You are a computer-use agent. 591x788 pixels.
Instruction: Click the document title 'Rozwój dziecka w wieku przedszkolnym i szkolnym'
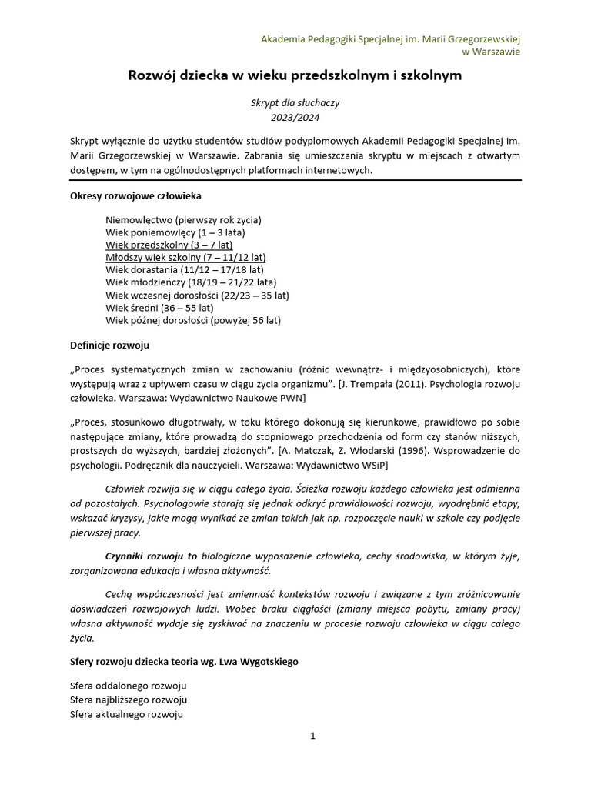(x=295, y=76)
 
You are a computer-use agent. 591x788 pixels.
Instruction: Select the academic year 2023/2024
(x=295, y=118)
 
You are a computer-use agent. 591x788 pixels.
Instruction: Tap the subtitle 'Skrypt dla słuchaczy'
(x=295, y=103)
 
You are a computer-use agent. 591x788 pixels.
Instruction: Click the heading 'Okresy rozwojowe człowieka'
(x=136, y=195)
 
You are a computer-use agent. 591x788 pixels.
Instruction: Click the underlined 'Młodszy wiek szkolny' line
(x=185, y=258)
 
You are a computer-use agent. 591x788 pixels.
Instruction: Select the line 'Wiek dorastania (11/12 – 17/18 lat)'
(x=185, y=270)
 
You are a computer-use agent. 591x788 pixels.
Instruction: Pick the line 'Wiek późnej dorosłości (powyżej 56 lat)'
(x=193, y=319)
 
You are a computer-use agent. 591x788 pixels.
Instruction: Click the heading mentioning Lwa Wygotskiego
(x=184, y=662)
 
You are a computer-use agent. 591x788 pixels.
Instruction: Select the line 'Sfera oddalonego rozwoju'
(x=129, y=686)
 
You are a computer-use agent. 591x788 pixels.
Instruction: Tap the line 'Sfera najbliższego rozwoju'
(x=129, y=700)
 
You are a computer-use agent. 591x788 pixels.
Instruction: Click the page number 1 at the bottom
(x=312, y=736)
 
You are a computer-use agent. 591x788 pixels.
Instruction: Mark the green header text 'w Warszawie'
(x=490, y=52)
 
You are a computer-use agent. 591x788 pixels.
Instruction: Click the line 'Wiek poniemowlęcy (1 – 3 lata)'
(x=176, y=232)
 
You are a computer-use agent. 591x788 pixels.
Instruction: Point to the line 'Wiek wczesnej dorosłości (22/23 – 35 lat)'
(x=198, y=295)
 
